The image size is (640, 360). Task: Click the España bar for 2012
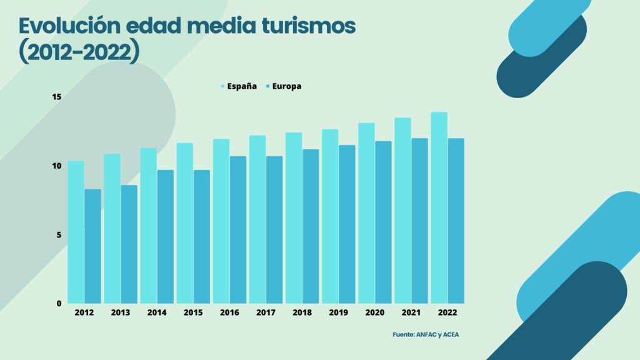click(x=76, y=232)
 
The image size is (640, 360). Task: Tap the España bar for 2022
click(x=439, y=207)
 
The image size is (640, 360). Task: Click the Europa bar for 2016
click(x=238, y=229)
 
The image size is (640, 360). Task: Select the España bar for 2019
click(x=330, y=216)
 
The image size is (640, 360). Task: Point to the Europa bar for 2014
click(x=165, y=236)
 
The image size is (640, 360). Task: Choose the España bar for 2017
click(x=257, y=219)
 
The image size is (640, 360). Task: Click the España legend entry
click(x=237, y=86)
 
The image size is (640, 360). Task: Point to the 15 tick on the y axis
click(x=57, y=97)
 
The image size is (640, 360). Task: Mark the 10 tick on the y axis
click(x=57, y=166)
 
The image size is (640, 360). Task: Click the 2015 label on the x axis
click(x=192, y=312)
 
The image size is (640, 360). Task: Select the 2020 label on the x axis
click(x=374, y=312)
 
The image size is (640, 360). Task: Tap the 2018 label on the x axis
click(x=302, y=312)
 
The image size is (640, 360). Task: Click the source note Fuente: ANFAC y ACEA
click(x=426, y=335)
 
